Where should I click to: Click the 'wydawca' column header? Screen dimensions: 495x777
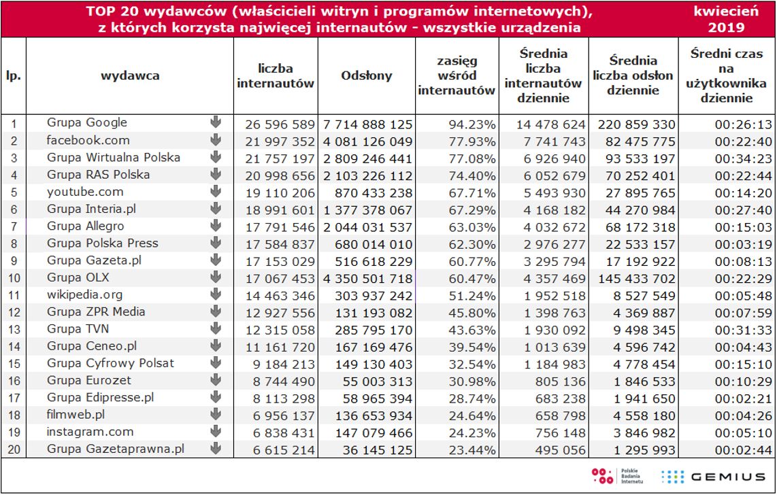[130, 75]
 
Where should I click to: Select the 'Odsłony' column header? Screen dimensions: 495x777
[367, 75]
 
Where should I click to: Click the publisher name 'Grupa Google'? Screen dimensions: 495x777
[87, 122]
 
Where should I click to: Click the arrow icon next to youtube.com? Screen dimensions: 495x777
[216, 192]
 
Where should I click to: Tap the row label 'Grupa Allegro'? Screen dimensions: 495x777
[86, 226]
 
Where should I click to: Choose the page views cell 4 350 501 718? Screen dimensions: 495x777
[367, 278]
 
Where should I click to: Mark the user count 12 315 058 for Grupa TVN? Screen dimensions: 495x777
[275, 330]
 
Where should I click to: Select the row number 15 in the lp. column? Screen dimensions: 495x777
[14, 364]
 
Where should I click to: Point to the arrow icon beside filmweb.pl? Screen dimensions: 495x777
[216, 414]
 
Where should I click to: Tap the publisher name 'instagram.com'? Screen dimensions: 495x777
[90, 432]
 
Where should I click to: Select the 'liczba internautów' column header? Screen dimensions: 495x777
[276, 76]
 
